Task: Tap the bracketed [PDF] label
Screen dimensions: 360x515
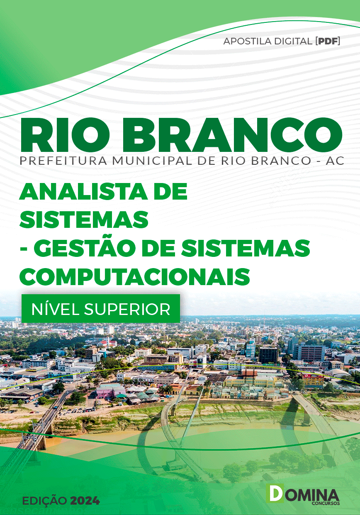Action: pos(328,41)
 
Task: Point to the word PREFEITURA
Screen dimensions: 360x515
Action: pos(63,161)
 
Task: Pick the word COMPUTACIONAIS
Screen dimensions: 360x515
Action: pos(135,276)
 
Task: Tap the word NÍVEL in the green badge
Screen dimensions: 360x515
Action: pos(56,309)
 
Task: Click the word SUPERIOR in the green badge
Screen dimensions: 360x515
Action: pos(127,310)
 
